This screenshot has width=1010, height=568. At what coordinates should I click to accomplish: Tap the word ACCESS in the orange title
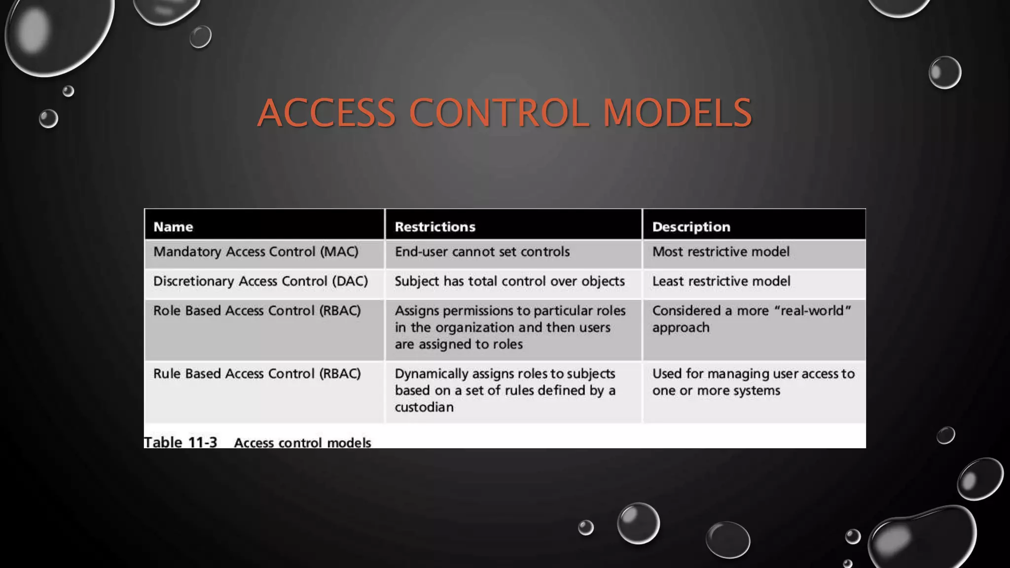(326, 113)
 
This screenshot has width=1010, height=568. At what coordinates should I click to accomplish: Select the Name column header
(173, 227)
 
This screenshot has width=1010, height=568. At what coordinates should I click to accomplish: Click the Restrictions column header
(435, 227)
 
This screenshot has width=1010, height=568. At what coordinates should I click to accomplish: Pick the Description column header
(691, 227)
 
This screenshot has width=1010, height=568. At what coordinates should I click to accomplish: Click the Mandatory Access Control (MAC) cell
(255, 252)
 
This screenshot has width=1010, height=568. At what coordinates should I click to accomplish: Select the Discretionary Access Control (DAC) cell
(260, 282)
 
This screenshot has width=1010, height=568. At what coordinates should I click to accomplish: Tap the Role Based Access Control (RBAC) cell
(257, 311)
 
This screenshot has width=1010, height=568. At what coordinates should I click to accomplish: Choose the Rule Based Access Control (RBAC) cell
(257, 374)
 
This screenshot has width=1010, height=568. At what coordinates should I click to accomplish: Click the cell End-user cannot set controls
(482, 252)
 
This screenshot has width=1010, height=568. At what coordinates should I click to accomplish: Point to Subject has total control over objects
(509, 282)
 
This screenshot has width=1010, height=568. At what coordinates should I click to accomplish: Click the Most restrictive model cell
(721, 252)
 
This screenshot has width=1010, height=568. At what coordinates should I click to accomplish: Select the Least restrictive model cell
(721, 282)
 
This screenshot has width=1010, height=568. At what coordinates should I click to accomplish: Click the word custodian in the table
(424, 407)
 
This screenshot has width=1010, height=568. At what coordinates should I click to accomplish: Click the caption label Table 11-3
(180, 442)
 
